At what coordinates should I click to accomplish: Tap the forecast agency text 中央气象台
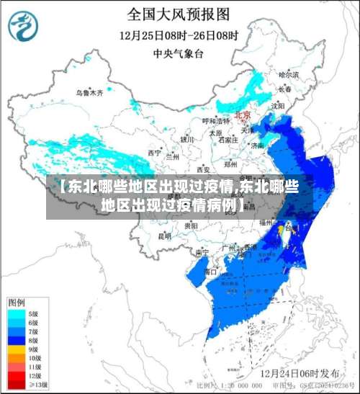point(179,53)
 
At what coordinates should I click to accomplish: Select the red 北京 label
point(243,115)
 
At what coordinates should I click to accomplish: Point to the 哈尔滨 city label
point(288,74)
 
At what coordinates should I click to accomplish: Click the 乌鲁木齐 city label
point(90,93)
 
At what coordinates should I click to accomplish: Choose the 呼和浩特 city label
point(214,121)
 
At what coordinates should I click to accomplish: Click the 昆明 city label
point(165,235)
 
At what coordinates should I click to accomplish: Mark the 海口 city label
point(210,272)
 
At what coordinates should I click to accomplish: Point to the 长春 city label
point(286,89)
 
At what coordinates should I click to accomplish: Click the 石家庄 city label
point(228,140)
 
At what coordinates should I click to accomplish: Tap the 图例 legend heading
point(17,301)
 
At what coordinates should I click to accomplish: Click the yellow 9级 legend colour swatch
point(15,348)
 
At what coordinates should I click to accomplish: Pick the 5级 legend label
point(33,314)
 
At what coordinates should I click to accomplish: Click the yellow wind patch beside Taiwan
point(280,229)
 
